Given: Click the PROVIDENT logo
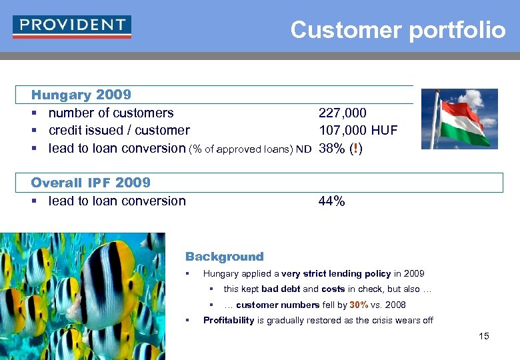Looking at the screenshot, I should [x=71, y=26].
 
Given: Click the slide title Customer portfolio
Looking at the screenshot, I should [x=398, y=30].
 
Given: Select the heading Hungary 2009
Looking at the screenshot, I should [x=81, y=95].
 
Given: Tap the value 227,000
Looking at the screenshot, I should [x=343, y=113].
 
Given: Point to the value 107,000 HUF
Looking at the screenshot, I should [x=358, y=131].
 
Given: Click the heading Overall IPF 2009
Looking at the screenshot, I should [x=91, y=183].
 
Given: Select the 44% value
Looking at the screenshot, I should [x=332, y=201].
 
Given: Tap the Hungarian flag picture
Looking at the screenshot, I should [x=460, y=119].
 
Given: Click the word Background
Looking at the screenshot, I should [x=224, y=257].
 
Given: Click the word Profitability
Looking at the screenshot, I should [x=229, y=320].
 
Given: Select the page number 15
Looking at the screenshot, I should [x=484, y=336].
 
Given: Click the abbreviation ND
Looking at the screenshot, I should [x=304, y=149].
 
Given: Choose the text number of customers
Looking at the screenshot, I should [x=111, y=113].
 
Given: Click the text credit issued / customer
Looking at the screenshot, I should [x=119, y=131].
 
